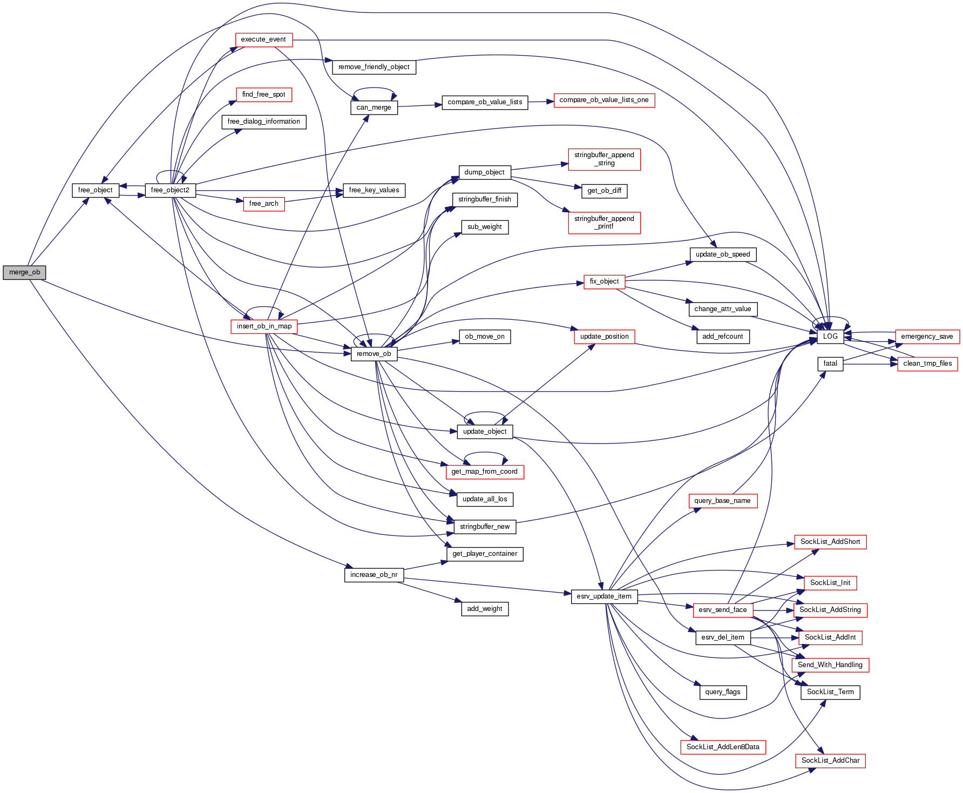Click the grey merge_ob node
24,272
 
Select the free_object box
95,190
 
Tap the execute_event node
263,39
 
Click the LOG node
830,336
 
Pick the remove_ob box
374,354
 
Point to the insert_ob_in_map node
264,326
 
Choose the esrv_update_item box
604,596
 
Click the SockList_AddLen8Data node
723,747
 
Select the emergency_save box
927,336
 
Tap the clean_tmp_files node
927,364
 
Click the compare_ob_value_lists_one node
604,100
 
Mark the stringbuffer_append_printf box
604,223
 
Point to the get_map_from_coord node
484,472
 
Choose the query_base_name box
723,501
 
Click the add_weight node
485,609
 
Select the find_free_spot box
263,95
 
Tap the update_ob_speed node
723,254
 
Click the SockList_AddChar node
830,761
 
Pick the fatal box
830,364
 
